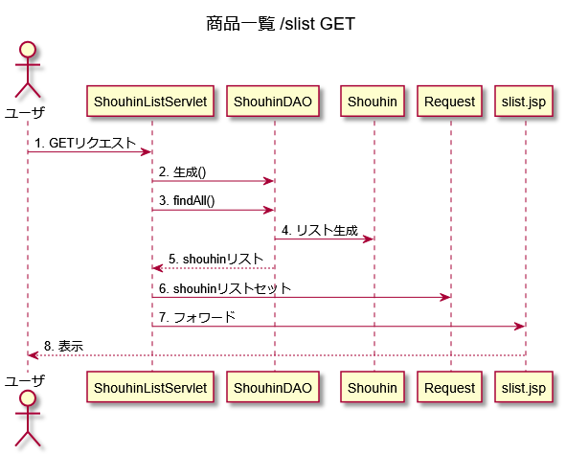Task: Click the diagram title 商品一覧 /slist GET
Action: point(281,24)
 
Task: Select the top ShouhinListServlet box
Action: point(150,102)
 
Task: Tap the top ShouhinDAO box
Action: point(273,102)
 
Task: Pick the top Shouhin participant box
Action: point(373,102)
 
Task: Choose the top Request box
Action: point(450,102)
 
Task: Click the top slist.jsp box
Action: point(524,102)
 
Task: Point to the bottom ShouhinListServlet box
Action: point(150,387)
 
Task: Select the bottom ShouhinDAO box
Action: point(273,387)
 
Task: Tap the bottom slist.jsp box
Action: point(524,387)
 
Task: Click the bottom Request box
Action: point(450,387)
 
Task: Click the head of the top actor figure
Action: point(28,50)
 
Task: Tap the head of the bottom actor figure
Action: point(28,398)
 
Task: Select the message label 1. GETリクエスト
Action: point(85,143)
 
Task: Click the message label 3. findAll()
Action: point(187,200)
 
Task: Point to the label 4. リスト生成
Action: point(320,230)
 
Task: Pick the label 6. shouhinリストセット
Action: point(225,288)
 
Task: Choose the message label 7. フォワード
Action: point(197,318)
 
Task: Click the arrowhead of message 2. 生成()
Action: point(269,181)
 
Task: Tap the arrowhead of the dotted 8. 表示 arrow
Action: point(34,355)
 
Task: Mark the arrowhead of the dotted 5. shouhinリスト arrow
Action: point(157,268)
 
